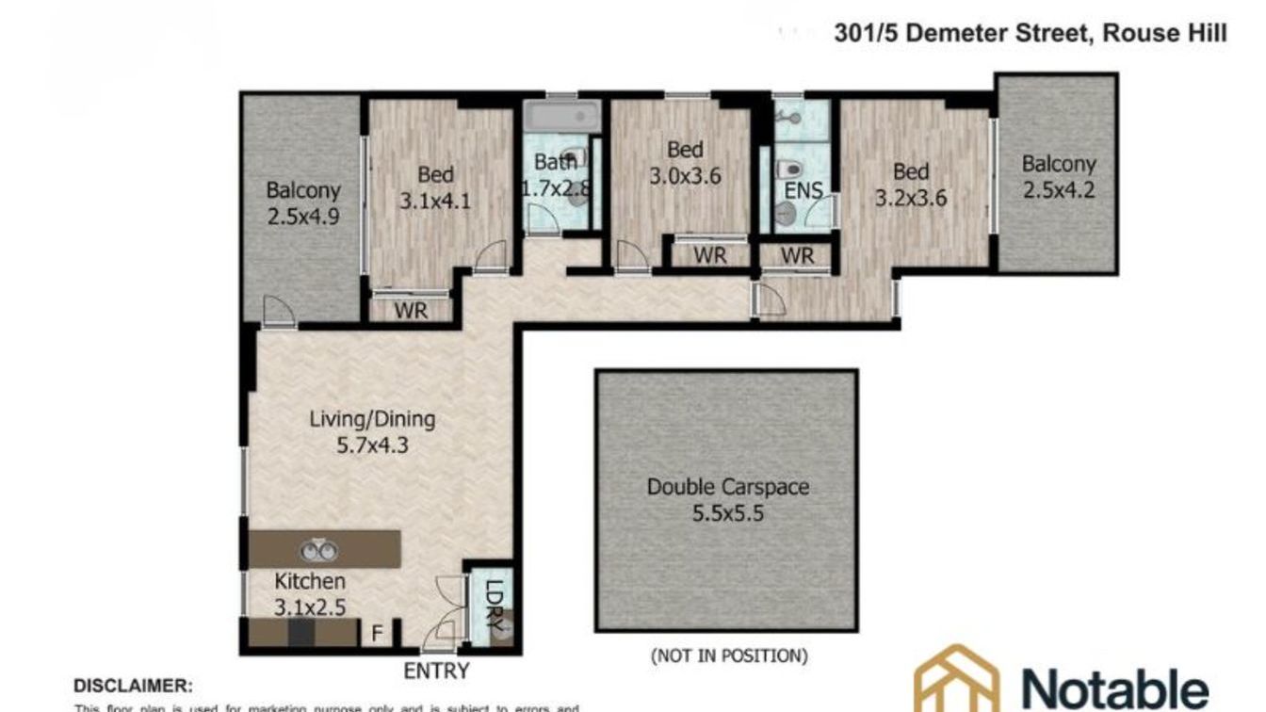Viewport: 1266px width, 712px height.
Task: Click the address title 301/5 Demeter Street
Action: [x=1031, y=34]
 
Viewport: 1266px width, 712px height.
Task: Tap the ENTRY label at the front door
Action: [x=436, y=671]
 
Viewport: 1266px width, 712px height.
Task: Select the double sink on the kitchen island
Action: [x=318, y=551]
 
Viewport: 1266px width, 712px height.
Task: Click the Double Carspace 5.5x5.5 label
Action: [x=727, y=500]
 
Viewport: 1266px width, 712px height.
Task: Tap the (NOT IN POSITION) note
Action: [x=728, y=655]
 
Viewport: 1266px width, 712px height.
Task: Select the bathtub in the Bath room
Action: [x=562, y=118]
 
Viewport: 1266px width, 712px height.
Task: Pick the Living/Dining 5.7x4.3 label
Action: [x=373, y=431]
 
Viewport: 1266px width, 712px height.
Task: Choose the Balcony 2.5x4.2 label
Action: [x=1059, y=177]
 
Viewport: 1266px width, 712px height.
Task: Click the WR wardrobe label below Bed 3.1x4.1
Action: [x=411, y=310]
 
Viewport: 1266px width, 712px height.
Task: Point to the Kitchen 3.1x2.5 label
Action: [x=310, y=594]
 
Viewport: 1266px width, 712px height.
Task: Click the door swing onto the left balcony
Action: [x=277, y=310]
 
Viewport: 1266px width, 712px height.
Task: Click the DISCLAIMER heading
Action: [x=133, y=686]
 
